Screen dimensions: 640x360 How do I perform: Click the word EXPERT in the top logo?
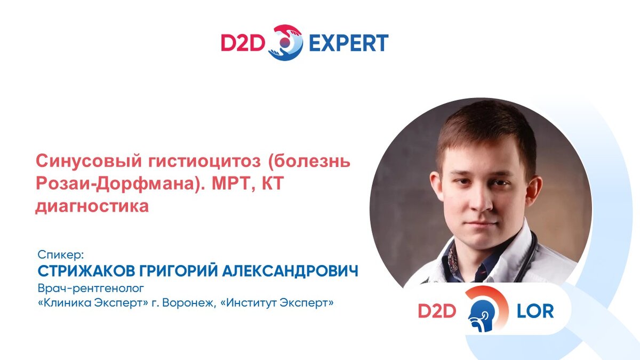pyautogui.click(x=349, y=43)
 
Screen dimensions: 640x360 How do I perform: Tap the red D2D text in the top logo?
pyautogui.click(x=243, y=43)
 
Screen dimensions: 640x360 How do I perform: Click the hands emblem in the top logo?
pyautogui.click(x=286, y=43)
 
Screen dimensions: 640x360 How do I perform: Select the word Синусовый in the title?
pyautogui.click(x=89, y=161)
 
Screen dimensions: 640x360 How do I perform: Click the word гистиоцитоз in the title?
pyautogui.click(x=205, y=161)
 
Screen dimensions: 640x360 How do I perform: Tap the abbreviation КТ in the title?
pyautogui.click(x=273, y=183)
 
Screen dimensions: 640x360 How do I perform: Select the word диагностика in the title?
pyautogui.click(x=92, y=206)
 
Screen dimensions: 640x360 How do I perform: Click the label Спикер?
pyautogui.click(x=61, y=254)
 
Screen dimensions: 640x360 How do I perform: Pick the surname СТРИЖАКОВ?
pyautogui.click(x=86, y=271)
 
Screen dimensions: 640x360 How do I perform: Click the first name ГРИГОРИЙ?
pyautogui.click(x=179, y=270)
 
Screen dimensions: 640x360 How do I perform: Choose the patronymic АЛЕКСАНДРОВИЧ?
pyautogui.click(x=290, y=271)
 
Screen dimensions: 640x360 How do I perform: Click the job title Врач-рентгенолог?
pyautogui.click(x=91, y=289)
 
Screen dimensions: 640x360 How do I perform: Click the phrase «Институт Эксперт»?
pyautogui.click(x=277, y=302)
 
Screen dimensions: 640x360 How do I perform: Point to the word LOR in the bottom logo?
pyautogui.click(x=535, y=311)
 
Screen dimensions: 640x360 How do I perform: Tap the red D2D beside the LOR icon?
pyautogui.click(x=437, y=311)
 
